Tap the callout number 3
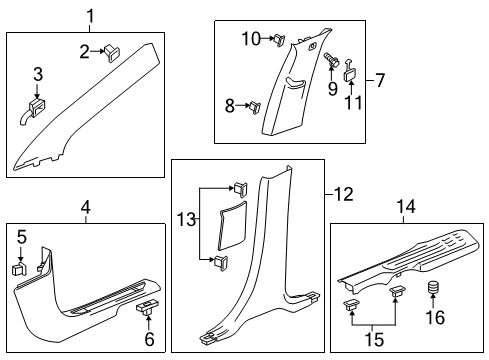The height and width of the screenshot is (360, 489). tap(38, 74)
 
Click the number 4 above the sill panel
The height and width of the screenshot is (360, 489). tap(86, 207)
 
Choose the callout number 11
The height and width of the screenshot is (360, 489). tap(351, 104)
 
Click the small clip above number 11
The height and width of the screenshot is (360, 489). tap(351, 73)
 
